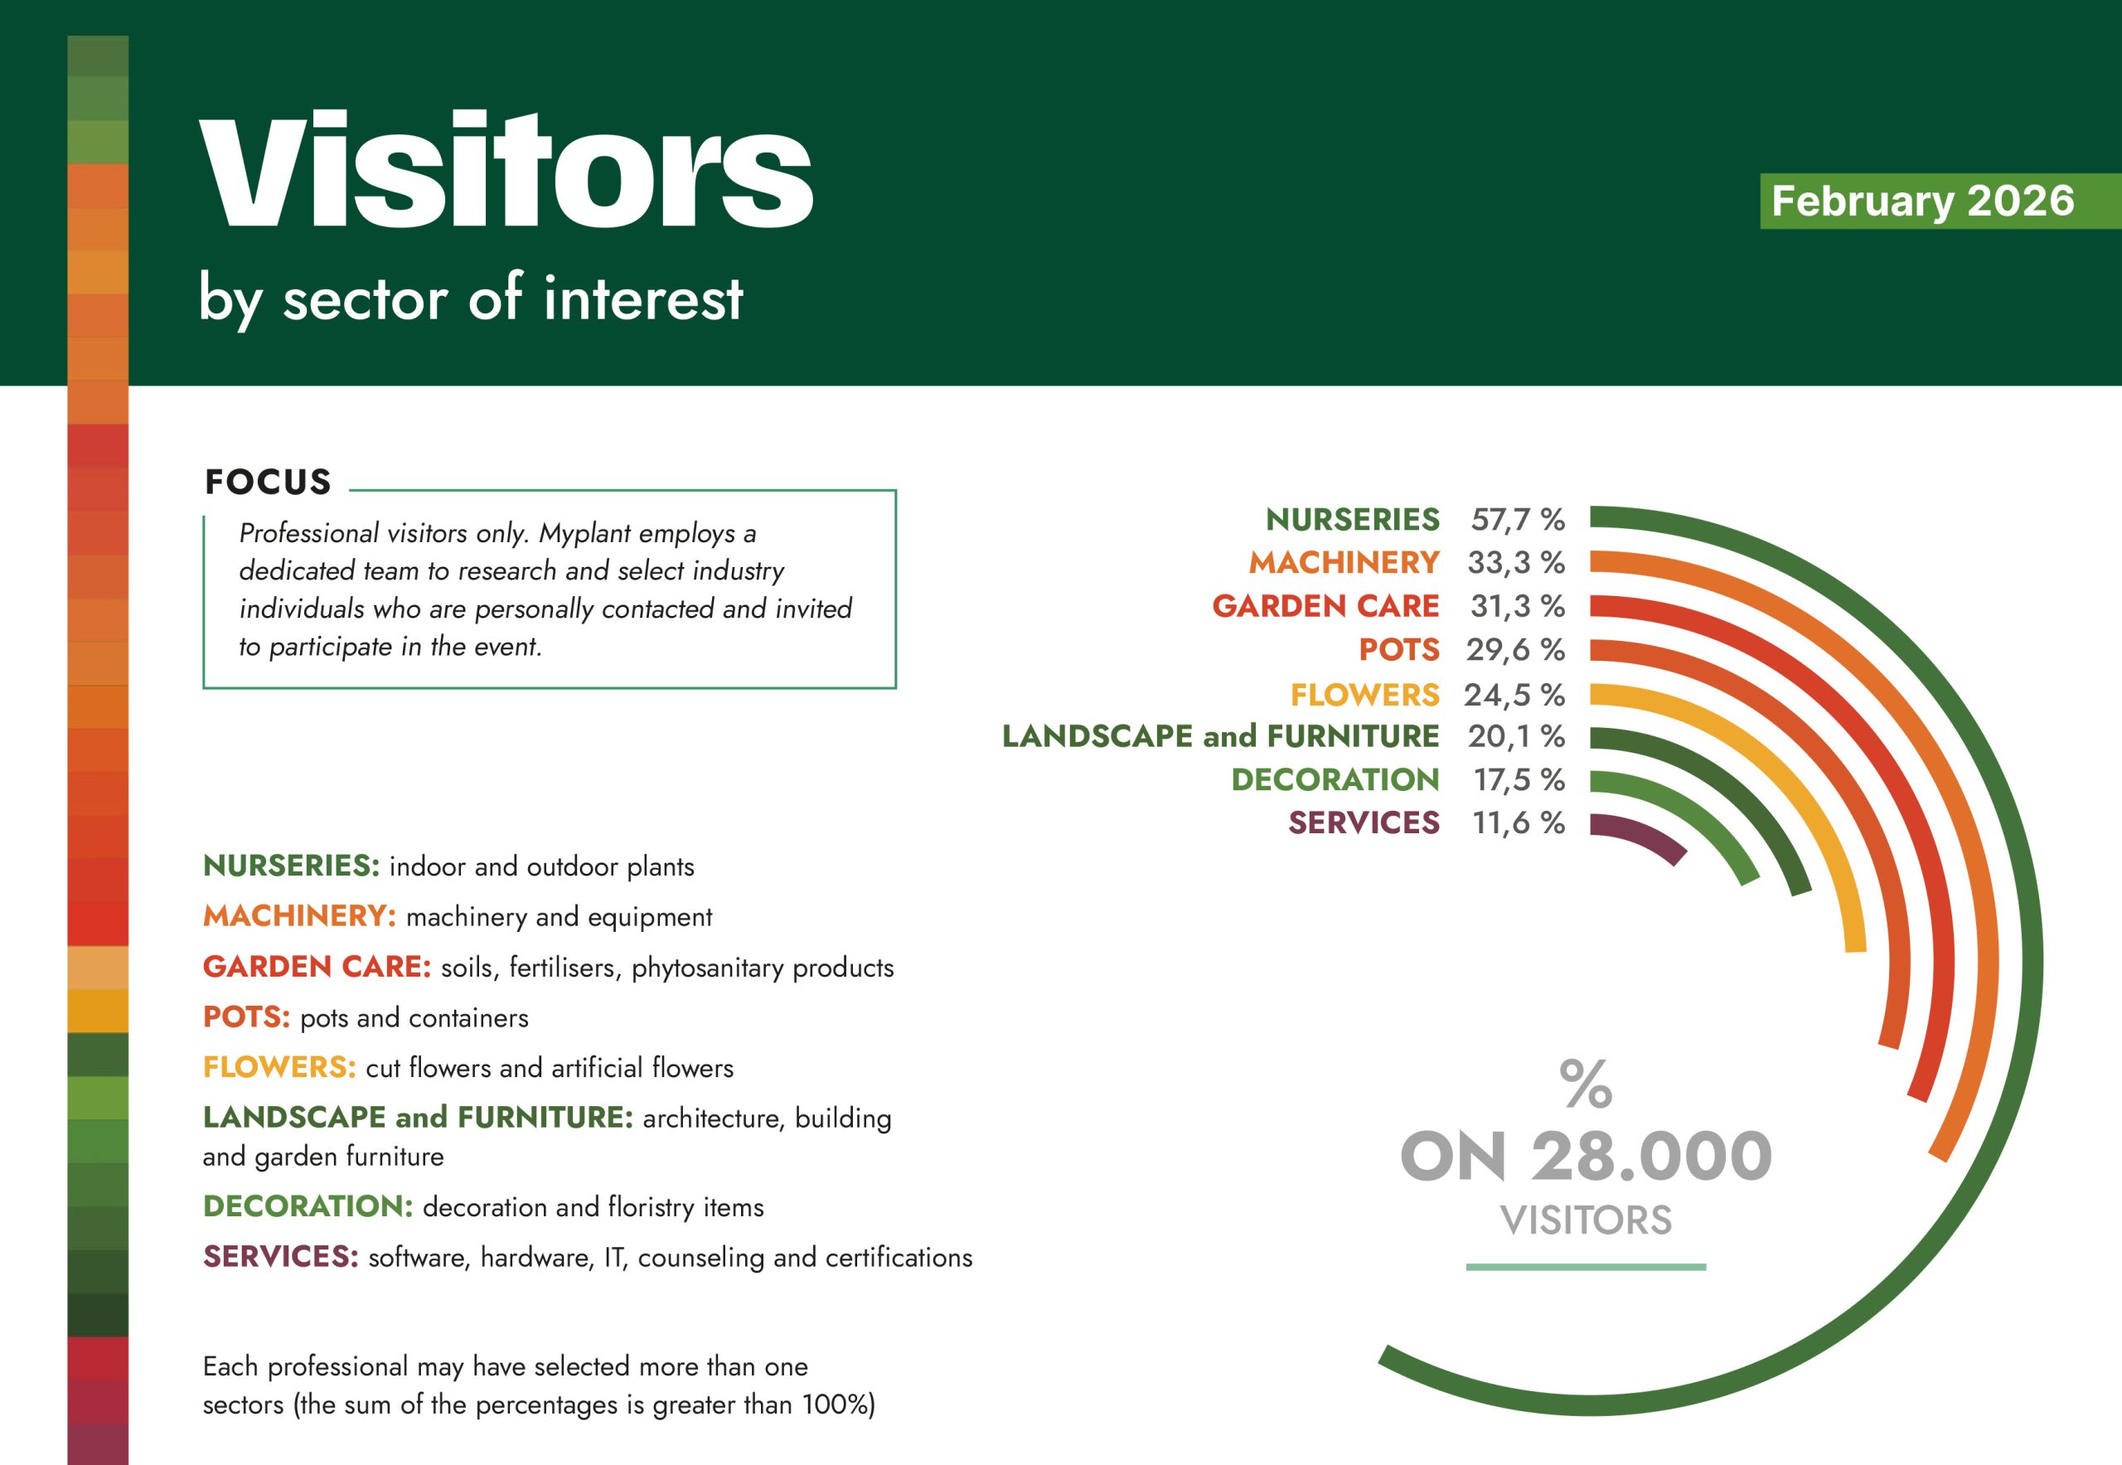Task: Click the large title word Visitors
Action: coord(506,170)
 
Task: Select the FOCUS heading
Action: coord(268,482)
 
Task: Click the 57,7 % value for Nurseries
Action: coord(1518,520)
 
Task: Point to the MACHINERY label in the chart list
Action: coord(1344,562)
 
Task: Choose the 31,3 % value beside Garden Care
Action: coord(1518,606)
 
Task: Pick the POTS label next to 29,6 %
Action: coord(1398,650)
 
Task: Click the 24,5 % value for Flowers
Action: coord(1514,695)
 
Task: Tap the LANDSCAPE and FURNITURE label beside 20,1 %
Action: coord(1221,736)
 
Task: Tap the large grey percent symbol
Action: coord(1586,1084)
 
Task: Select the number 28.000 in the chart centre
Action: coord(1651,1157)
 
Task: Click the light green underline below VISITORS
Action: coord(1586,1267)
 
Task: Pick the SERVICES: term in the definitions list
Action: coord(281,1257)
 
